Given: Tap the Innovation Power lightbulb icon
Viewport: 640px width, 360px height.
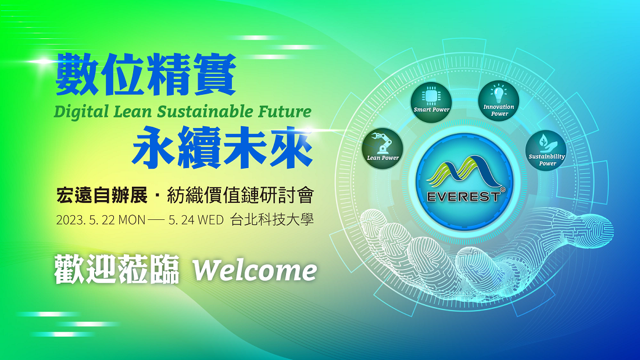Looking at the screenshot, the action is click(x=498, y=94).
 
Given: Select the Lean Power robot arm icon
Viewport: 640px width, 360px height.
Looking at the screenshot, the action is click(x=382, y=143).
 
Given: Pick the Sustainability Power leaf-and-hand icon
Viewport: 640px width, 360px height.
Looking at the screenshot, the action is click(x=546, y=143).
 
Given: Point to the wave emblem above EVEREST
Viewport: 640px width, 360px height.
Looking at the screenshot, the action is click(x=464, y=172).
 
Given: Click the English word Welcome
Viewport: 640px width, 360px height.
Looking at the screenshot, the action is click(x=255, y=270).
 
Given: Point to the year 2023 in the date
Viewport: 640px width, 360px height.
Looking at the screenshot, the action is click(x=70, y=220).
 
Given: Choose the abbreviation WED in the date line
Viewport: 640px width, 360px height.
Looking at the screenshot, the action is click(x=210, y=220).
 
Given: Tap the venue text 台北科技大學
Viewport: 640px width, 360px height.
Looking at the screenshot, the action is click(x=272, y=220).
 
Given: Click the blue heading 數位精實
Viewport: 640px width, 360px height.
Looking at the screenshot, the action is click(x=146, y=74).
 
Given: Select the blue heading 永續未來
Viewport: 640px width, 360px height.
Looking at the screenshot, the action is click(x=223, y=148).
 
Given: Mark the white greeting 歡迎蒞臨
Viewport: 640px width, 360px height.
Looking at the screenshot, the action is click(x=117, y=270).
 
